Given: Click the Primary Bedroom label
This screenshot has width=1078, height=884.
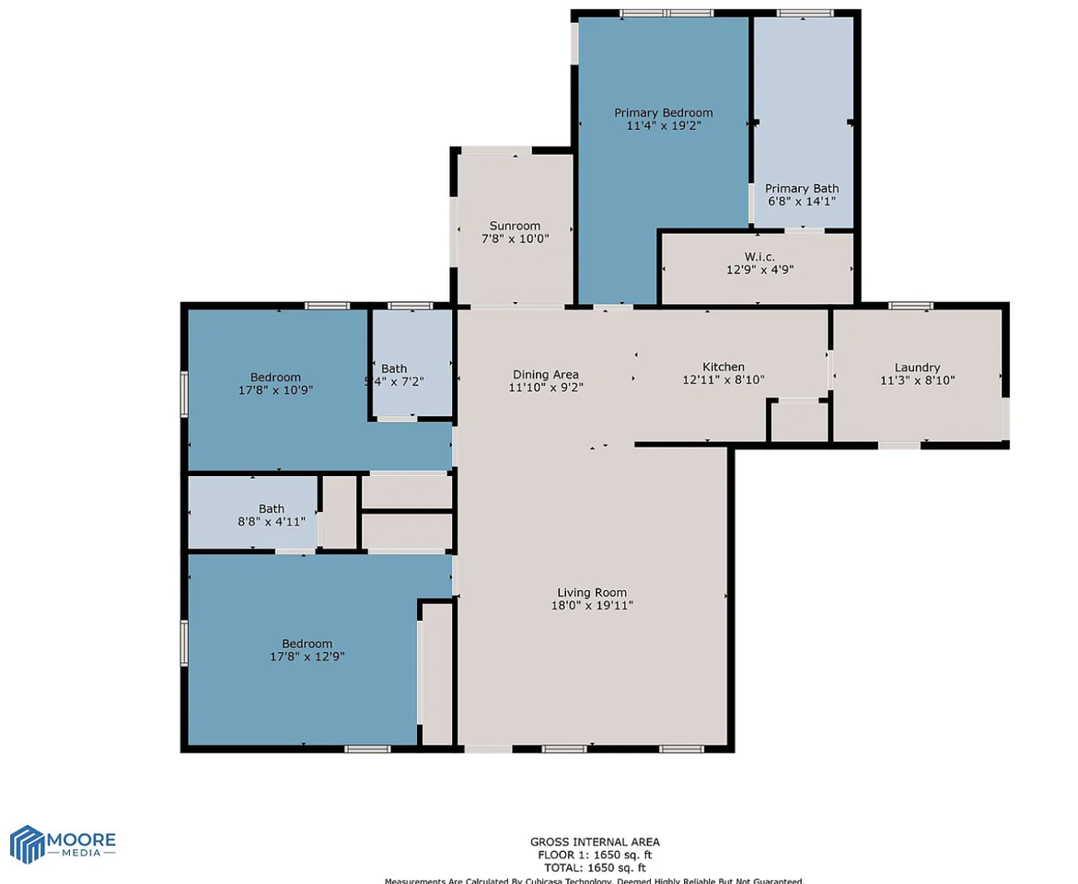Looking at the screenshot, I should coord(663,113).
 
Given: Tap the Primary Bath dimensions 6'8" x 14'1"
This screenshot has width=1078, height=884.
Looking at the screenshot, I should coord(800,201).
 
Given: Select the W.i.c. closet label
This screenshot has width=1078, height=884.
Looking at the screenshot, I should coord(759,257).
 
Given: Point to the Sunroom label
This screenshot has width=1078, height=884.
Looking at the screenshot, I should coord(515,226).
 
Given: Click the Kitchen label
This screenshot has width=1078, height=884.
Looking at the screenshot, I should coord(723,366).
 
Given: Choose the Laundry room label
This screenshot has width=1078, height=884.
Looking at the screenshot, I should coord(917,367).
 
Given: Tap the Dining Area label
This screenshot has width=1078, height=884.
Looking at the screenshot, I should coord(545,374).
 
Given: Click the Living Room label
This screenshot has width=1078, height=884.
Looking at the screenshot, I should coord(591,592).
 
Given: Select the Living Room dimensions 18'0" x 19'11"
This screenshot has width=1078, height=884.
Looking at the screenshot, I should coord(591,605).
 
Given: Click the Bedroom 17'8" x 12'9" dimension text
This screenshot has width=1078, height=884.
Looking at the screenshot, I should coord(307,657).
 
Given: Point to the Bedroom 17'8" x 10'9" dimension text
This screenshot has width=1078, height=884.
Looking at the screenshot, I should coord(275,390).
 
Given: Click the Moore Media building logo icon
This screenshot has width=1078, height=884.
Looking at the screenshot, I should coord(27,844).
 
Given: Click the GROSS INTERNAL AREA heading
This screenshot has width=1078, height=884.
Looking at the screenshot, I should coord(595,842).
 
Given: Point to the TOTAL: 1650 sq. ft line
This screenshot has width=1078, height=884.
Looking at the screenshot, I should coord(595,867).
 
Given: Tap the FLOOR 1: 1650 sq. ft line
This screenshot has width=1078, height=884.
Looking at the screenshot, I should coord(595,855).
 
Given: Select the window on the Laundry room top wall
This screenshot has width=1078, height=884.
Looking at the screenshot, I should coord(910,306).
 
